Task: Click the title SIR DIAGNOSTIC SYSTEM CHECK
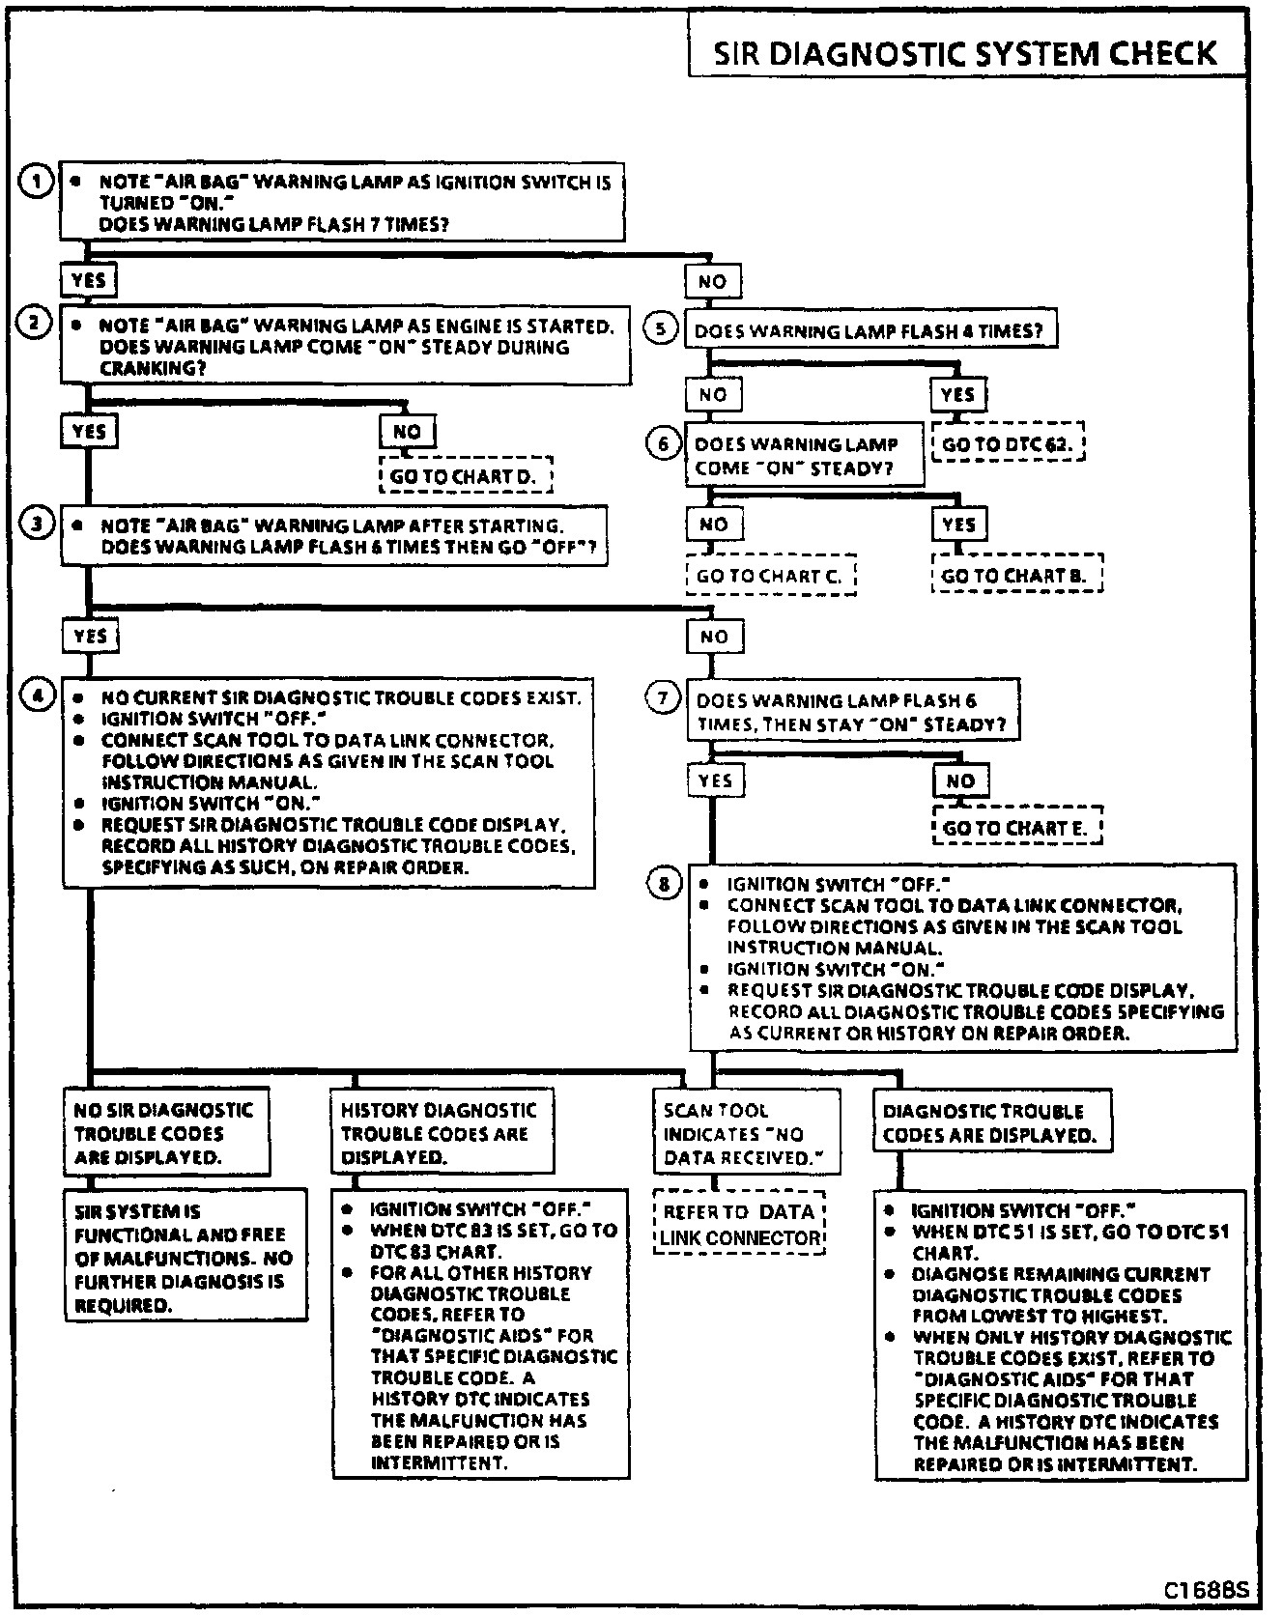pyautogui.click(x=964, y=53)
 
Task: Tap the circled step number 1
pyautogui.click(x=37, y=182)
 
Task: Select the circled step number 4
pyautogui.click(x=38, y=695)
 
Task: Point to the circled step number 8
pyautogui.click(x=664, y=883)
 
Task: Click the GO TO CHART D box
pyautogui.click(x=466, y=476)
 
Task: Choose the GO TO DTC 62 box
pyautogui.click(x=1008, y=444)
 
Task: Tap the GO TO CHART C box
pyautogui.click(x=770, y=576)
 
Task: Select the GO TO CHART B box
pyautogui.click(x=1015, y=576)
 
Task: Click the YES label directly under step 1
pyautogui.click(x=89, y=281)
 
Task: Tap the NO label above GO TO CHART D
pyautogui.click(x=408, y=431)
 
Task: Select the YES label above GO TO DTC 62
pyautogui.click(x=958, y=394)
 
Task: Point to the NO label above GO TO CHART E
pyautogui.click(x=960, y=780)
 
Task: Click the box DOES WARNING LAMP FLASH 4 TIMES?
pyautogui.click(x=870, y=330)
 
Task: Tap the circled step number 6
pyautogui.click(x=663, y=444)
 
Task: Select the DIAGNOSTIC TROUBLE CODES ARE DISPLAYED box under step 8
pyautogui.click(x=991, y=1122)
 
